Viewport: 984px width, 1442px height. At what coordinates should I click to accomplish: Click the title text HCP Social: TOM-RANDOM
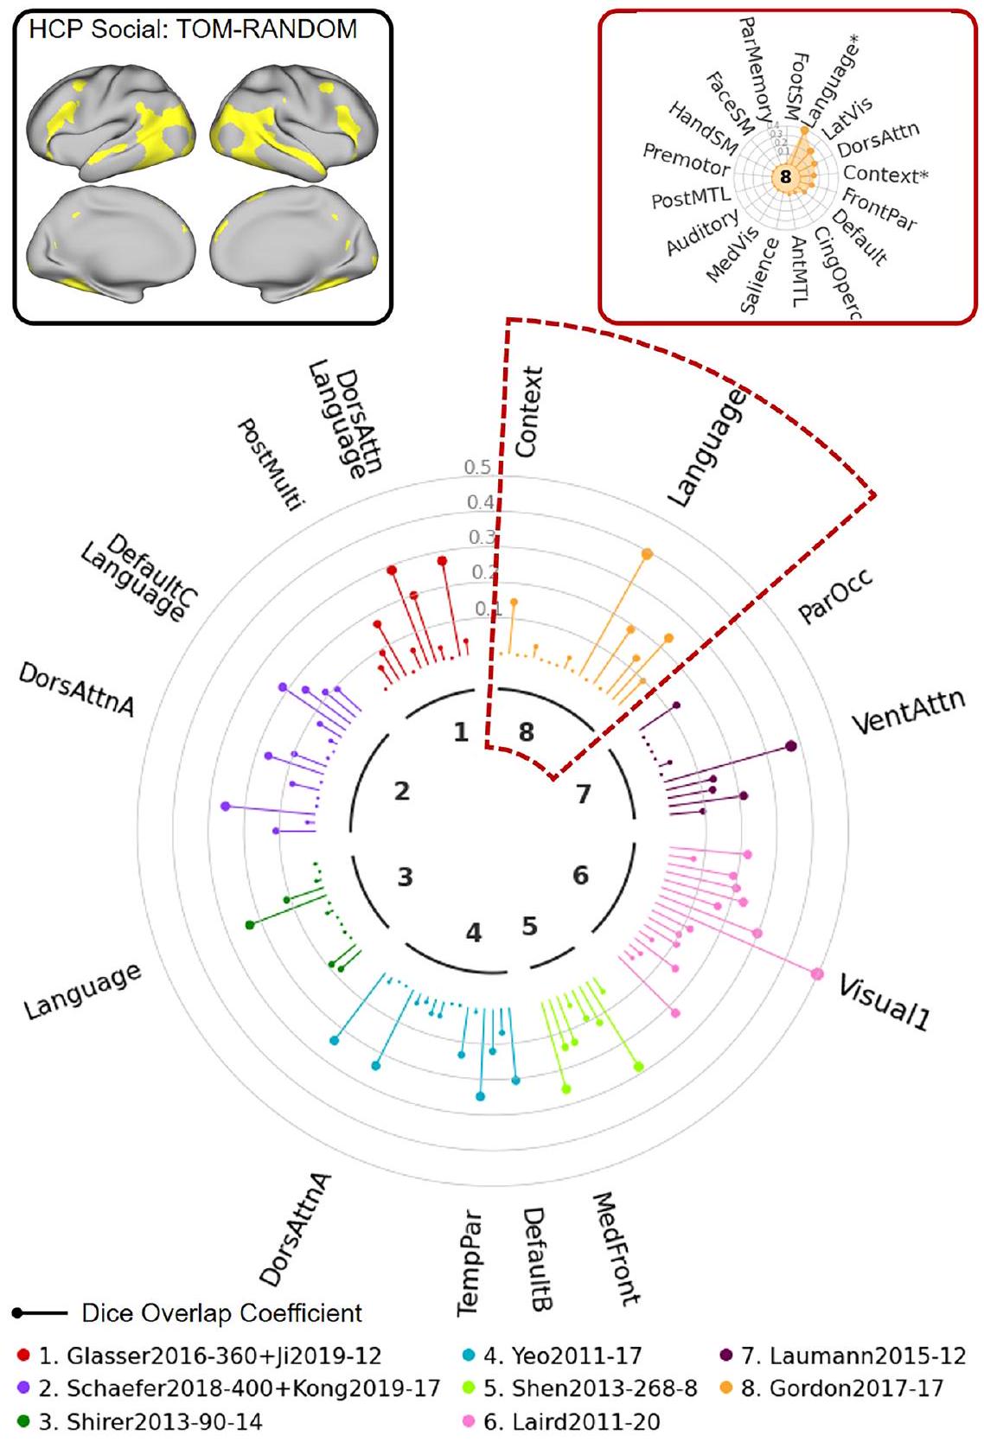193,29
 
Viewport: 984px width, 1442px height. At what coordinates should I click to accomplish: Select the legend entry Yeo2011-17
562,1356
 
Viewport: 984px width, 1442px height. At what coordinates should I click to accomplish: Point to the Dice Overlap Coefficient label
221,1313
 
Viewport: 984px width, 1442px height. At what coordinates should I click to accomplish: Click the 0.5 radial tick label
477,468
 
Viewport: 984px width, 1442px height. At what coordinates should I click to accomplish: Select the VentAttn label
908,711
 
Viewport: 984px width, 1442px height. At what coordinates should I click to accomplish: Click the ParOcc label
835,596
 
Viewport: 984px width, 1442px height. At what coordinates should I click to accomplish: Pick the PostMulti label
272,464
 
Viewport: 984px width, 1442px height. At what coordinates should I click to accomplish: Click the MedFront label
617,1249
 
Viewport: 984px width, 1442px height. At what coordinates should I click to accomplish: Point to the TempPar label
469,1263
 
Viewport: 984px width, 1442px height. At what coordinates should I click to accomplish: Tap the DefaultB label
537,1259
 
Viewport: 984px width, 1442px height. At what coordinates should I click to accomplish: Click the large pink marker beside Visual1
817,974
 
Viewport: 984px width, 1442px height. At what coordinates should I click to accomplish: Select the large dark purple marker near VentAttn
790,746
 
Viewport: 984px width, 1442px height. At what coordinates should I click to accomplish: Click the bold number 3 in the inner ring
405,877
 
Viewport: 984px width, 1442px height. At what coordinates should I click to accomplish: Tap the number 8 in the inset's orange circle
785,176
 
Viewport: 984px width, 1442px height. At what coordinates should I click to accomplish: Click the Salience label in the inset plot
758,276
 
